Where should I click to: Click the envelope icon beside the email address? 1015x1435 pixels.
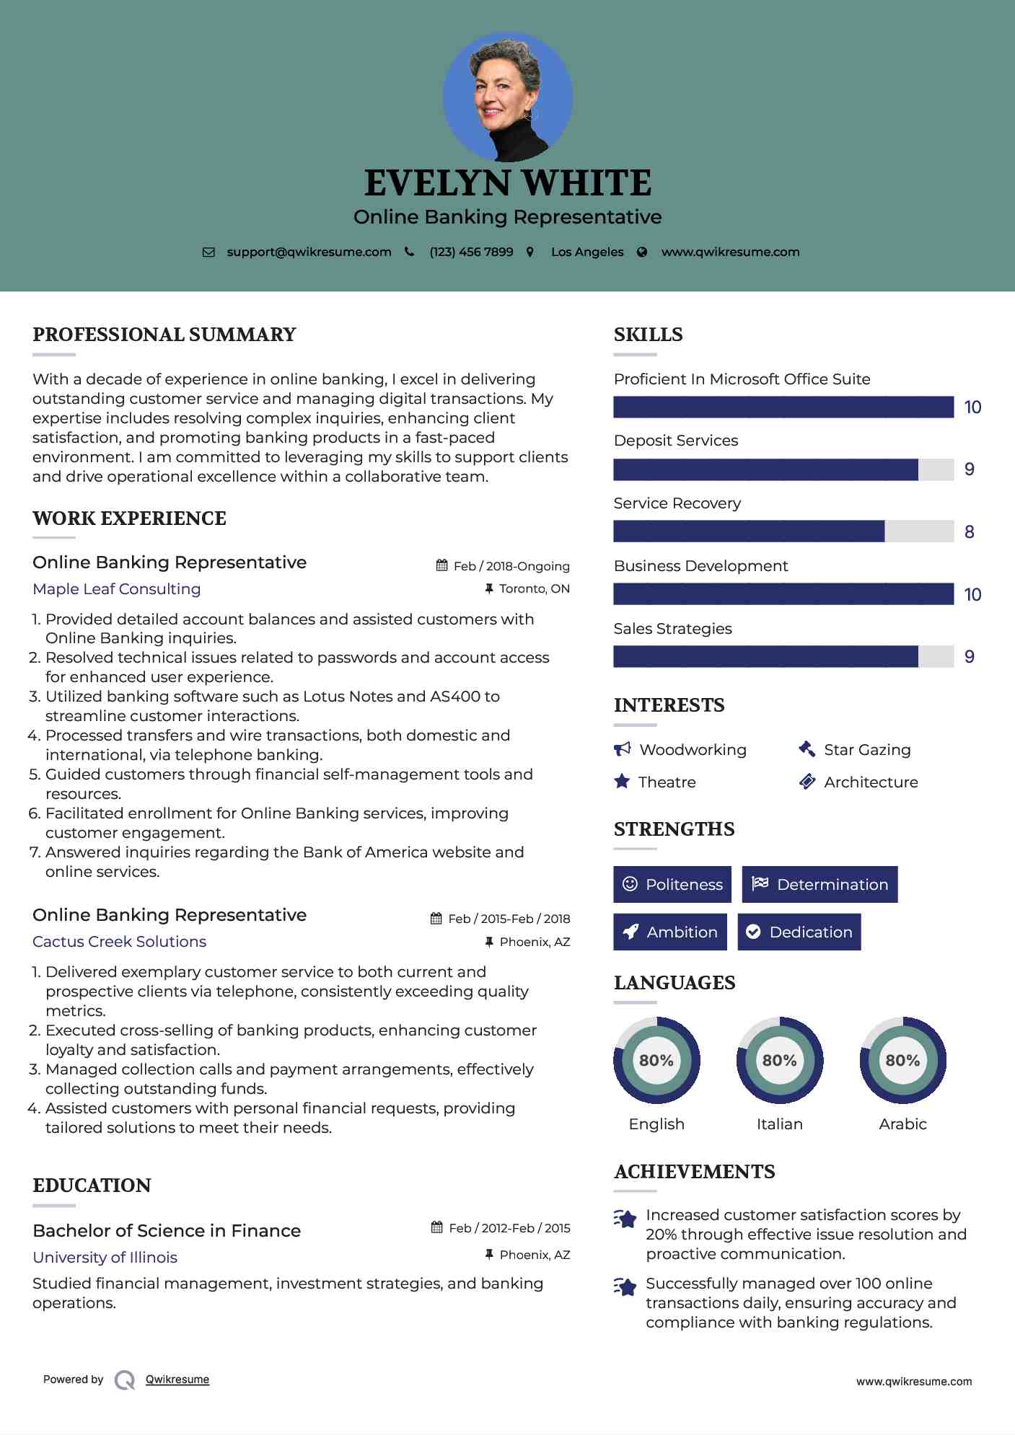[x=208, y=252]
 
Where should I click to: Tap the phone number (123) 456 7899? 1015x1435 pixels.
[x=471, y=252]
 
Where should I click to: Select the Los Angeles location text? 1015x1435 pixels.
[x=586, y=252]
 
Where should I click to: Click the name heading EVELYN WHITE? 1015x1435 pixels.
[x=508, y=183]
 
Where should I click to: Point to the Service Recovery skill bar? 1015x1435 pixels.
[x=783, y=531]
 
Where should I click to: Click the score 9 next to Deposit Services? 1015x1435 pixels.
[x=970, y=469]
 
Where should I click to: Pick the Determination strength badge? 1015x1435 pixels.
[x=820, y=884]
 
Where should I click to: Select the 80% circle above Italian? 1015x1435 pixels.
[x=779, y=1060]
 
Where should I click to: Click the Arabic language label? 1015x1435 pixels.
[x=902, y=1124]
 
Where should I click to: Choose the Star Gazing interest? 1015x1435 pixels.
[x=866, y=750]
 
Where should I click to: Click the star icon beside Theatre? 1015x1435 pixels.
[x=622, y=782]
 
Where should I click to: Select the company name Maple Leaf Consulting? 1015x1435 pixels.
[x=117, y=589]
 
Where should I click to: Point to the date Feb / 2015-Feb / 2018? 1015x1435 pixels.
[x=509, y=919]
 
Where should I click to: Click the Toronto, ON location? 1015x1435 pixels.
[x=534, y=589]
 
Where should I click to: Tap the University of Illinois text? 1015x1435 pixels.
[x=105, y=1258]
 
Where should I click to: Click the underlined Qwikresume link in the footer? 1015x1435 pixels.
[x=177, y=1379]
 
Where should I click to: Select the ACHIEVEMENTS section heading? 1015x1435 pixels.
[x=694, y=1172]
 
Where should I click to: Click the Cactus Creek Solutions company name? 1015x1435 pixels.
[x=120, y=942]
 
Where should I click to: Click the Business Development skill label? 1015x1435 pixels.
[x=700, y=566]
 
